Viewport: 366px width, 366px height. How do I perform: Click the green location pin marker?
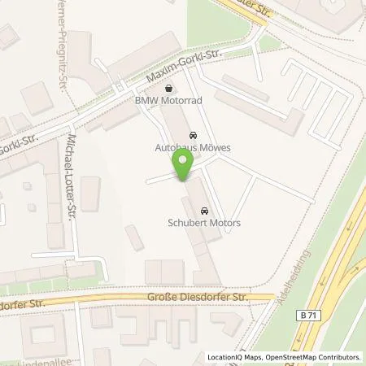point(183,166)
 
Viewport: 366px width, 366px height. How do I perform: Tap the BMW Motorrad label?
point(168,102)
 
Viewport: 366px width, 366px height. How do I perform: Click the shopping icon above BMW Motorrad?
point(168,89)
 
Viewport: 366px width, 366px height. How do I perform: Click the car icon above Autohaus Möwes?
point(192,135)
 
